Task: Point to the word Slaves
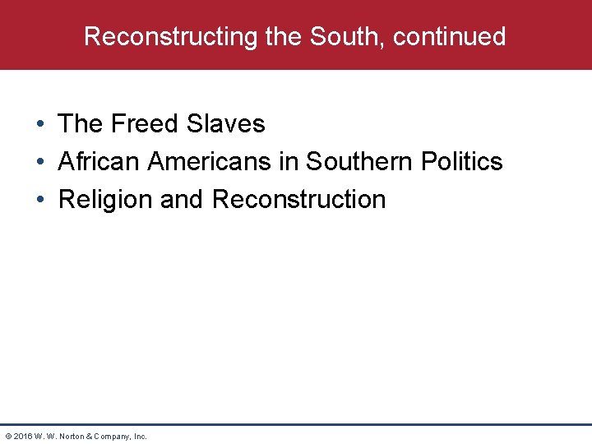[x=226, y=124]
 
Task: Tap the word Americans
[x=210, y=162]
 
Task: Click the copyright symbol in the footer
[x=8, y=437]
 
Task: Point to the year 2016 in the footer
[x=23, y=437]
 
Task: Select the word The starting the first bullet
[x=81, y=124]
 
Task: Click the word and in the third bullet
[x=183, y=200]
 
